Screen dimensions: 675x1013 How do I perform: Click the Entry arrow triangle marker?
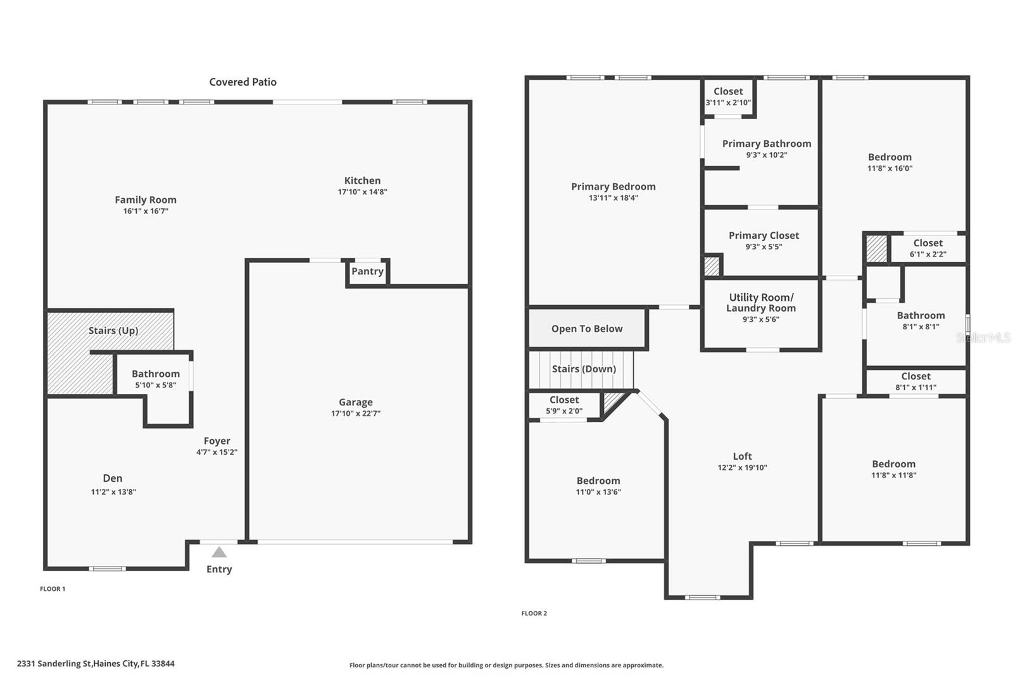pyautogui.click(x=219, y=552)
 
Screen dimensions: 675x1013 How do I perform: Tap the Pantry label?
pyautogui.click(x=367, y=271)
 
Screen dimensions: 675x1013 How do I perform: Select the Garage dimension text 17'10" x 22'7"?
pyautogui.click(x=355, y=413)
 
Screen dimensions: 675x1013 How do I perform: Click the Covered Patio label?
pyautogui.click(x=242, y=82)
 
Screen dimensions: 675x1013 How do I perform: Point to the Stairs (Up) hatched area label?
pyautogui.click(x=113, y=331)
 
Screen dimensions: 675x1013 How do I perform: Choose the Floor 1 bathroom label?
pyautogui.click(x=156, y=374)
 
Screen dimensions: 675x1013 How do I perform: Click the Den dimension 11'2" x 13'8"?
pyautogui.click(x=113, y=492)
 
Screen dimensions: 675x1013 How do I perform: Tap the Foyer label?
pyautogui.click(x=217, y=441)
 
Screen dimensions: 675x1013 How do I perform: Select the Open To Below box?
pyautogui.click(x=587, y=329)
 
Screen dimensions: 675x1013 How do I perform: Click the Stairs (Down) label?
pyautogui.click(x=584, y=369)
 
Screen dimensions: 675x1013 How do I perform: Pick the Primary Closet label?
pyautogui.click(x=764, y=236)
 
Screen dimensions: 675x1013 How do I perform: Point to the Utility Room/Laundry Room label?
pyautogui.click(x=761, y=303)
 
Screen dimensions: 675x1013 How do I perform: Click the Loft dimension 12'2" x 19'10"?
pyautogui.click(x=742, y=468)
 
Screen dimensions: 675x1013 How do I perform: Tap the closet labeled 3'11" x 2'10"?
pyautogui.click(x=728, y=96)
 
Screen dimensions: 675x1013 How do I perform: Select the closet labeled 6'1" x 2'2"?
pyautogui.click(x=928, y=248)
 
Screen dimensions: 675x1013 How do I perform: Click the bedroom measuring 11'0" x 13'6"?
pyautogui.click(x=598, y=486)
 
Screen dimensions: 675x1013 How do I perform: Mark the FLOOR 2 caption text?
pyautogui.click(x=534, y=613)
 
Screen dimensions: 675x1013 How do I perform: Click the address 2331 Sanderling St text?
pyautogui.click(x=96, y=664)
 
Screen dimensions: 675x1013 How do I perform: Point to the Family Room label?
pyautogui.click(x=146, y=199)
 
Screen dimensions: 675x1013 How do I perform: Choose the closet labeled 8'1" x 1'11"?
pyautogui.click(x=915, y=381)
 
